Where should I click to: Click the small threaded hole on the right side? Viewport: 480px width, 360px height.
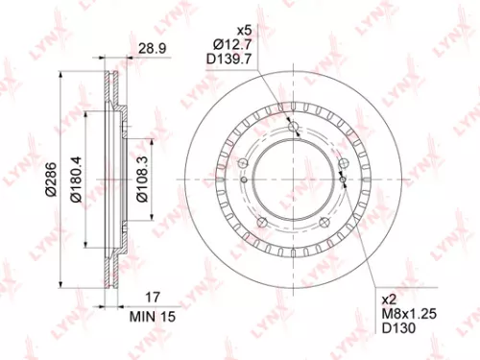pyautogui.click(x=343, y=178)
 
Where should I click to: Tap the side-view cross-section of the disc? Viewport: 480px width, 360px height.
pyautogui.click(x=111, y=178)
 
